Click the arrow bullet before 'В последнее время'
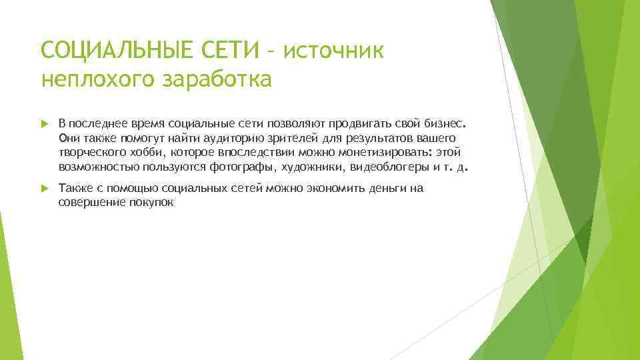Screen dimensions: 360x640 45,123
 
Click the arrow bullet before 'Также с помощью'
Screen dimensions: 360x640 45,189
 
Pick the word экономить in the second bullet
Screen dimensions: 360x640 328,189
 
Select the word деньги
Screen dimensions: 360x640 383,189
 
